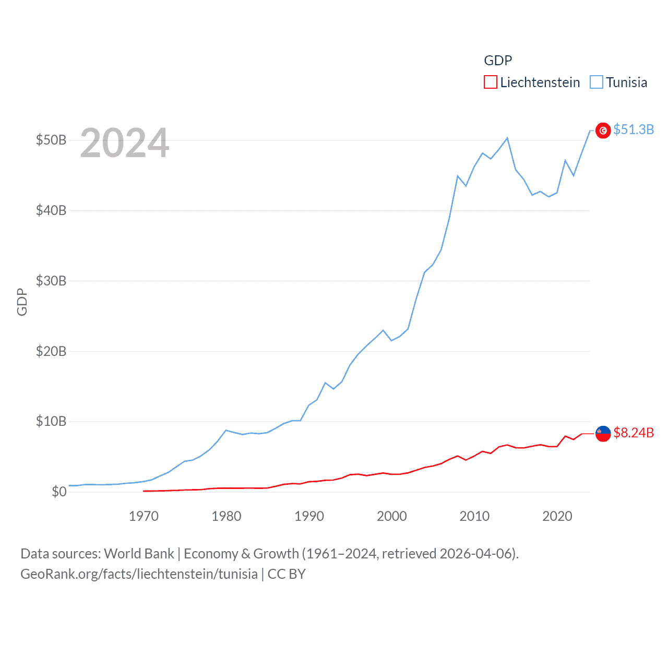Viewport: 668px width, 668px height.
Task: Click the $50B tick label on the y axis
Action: [51, 140]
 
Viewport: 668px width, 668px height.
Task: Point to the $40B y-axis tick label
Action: [51, 210]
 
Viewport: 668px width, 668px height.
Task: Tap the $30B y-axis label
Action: [51, 281]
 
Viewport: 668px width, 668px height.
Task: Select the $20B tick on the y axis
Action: [51, 351]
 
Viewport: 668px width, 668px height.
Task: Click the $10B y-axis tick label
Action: [51, 421]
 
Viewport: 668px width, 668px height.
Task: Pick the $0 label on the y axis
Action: [59, 492]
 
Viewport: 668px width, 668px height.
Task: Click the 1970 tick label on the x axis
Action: [144, 516]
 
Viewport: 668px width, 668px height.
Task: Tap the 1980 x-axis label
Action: [226, 516]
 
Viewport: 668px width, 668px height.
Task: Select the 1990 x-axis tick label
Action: [309, 516]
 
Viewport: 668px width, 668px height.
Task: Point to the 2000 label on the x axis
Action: [391, 516]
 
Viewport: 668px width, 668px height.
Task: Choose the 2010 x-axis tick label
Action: [474, 516]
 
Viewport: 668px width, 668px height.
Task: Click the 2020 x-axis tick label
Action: [557, 516]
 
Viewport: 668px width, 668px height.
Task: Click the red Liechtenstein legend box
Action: [491, 82]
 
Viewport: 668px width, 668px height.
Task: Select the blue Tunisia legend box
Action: [597, 82]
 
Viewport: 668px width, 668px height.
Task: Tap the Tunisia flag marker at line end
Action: [603, 130]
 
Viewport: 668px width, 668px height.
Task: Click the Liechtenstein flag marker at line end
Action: [603, 433]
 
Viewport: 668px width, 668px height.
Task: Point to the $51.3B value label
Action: [634, 129]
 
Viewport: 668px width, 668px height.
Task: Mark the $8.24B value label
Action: [634, 433]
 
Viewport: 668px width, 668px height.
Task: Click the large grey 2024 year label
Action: [125, 142]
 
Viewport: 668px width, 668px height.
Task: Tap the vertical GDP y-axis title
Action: [22, 302]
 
